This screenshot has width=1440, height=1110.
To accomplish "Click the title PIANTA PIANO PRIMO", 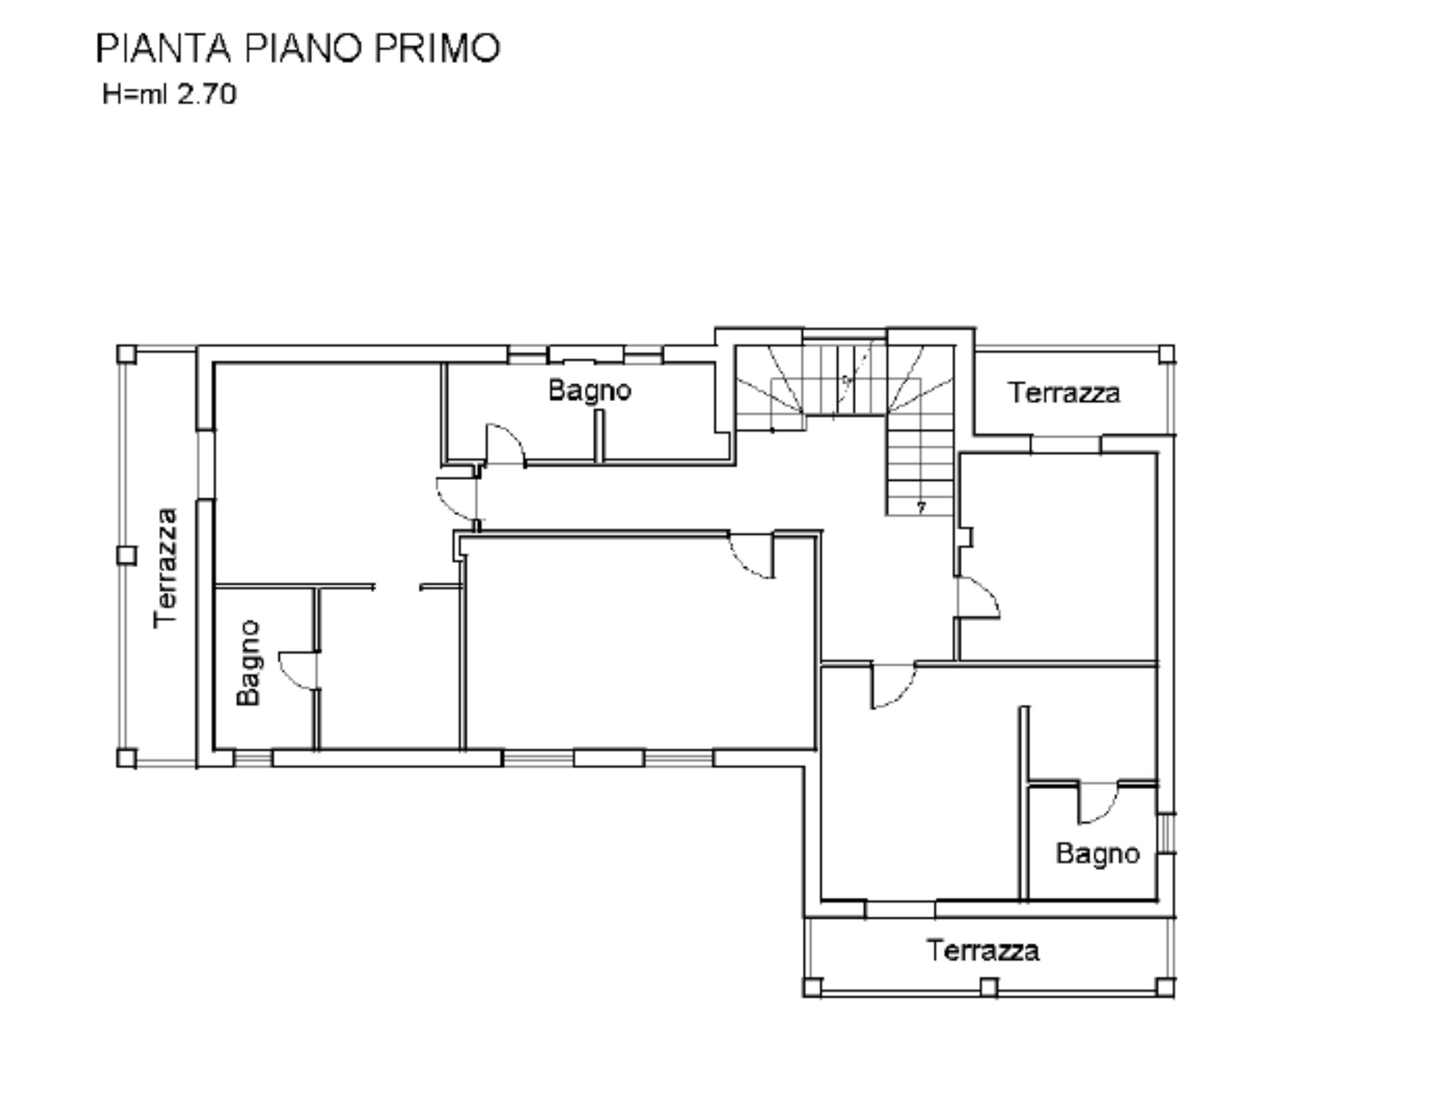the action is point(298,48).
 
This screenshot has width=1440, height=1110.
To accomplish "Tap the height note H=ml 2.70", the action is point(169,94).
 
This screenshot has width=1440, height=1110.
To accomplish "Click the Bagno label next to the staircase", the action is point(589,391).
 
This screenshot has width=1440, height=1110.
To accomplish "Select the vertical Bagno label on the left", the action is point(249,663).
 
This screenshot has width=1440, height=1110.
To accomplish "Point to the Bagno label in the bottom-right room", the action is point(1098,854).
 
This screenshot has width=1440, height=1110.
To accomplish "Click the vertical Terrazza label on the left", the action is point(165,568).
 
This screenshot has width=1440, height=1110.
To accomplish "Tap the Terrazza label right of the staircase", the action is point(1064,393).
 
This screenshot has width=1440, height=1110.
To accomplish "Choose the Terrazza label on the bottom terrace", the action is point(983,950).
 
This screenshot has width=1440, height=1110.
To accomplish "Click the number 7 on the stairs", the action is point(921,508).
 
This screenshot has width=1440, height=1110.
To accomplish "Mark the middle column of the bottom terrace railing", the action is point(989,988).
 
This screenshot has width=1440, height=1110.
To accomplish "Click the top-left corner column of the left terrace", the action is point(126,354).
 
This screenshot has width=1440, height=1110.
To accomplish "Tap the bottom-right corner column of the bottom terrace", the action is point(1165,988).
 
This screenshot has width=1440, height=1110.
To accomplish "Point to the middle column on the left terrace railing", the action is point(126,556).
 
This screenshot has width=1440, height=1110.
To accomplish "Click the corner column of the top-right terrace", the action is point(1166,354).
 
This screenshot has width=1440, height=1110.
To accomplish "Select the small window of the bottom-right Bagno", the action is point(1166,834).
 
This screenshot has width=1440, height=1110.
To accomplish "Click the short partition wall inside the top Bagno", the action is point(599,436).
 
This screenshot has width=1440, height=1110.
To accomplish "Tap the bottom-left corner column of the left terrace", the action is point(126,758).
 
